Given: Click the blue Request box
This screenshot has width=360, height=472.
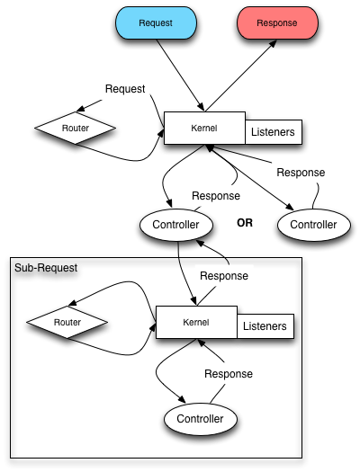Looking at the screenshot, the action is (156, 22).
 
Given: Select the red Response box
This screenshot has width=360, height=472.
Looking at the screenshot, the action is (277, 22).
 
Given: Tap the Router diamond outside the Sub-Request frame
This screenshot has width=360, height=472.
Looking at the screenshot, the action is (76, 128).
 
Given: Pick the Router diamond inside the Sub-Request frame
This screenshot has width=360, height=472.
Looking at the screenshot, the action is (67, 322).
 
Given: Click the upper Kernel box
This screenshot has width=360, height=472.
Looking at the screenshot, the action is (204, 128).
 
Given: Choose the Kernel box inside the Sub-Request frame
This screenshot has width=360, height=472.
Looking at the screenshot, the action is (196, 322).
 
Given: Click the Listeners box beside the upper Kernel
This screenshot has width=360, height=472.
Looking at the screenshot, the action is (274, 132).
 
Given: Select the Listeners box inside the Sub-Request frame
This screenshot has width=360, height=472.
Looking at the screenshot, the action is (265, 326).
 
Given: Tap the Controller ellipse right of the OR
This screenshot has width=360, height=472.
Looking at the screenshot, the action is (313, 225).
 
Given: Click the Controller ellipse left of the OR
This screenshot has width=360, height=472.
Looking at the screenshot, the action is (176, 225).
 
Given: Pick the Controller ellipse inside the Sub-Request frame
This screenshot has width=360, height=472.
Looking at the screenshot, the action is (201, 419).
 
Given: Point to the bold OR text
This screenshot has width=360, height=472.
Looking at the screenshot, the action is (245, 223).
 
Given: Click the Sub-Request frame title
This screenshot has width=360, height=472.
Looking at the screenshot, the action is (46, 268).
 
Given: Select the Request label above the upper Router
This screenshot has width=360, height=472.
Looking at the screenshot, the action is (125, 89).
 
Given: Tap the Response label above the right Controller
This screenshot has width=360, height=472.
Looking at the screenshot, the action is (301, 173).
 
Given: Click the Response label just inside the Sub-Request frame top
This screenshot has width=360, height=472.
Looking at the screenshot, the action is (224, 276).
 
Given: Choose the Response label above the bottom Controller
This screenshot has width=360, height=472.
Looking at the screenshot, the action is (229, 374).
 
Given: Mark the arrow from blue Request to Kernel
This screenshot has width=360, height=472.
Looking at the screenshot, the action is (181, 76).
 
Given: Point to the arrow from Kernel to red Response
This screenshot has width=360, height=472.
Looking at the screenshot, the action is (240, 76).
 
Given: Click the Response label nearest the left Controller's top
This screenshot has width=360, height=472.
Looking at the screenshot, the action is (216, 196).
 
